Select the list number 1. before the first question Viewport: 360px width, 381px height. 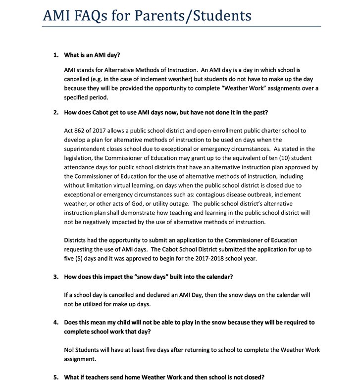56,54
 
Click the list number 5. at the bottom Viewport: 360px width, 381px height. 56,377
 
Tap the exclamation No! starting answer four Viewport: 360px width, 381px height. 69,350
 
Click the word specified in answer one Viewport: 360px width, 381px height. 78,97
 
